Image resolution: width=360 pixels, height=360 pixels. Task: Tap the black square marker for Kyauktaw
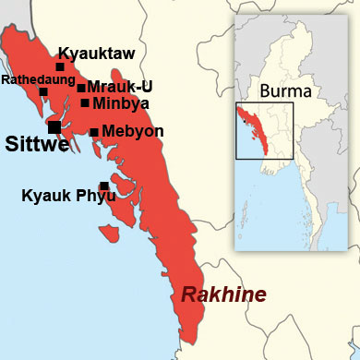click(60, 66)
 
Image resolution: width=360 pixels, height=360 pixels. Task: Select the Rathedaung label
click(33, 80)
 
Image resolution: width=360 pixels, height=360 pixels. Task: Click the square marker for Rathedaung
click(43, 91)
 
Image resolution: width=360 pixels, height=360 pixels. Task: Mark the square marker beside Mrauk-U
click(81, 89)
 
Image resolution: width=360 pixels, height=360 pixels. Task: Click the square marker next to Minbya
click(85, 102)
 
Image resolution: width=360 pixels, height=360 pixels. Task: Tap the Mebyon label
click(132, 131)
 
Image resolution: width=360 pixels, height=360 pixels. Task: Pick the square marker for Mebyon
click(94, 132)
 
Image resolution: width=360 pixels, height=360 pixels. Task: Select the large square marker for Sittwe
click(55, 126)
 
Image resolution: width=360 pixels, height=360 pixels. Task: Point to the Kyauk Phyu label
click(64, 196)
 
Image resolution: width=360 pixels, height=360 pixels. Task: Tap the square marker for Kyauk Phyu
click(104, 186)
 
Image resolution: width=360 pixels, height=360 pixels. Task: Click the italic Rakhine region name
click(222, 295)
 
